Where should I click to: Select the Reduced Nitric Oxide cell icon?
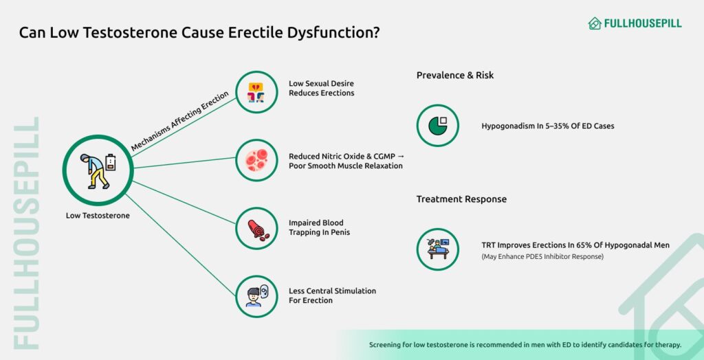click(256, 160)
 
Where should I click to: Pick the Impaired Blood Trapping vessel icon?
click(256, 228)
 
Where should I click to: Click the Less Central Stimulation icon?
click(256, 296)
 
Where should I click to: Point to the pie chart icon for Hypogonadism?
click(437, 126)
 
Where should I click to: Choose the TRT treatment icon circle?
click(437, 249)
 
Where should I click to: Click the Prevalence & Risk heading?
click(454, 76)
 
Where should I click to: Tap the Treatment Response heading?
click(461, 199)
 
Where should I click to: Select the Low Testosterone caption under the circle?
click(98, 216)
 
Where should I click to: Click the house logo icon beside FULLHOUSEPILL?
click(595, 23)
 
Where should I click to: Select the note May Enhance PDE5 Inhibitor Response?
click(543, 257)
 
